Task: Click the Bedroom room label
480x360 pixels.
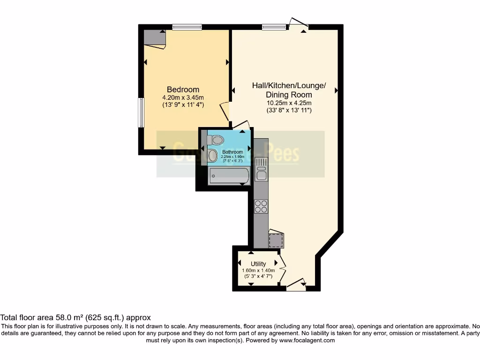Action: coord(183,90)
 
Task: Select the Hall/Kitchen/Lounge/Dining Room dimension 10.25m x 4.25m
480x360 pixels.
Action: coord(289,103)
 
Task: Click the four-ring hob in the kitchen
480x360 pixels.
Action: coord(261,206)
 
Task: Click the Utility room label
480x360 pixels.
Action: coord(258,264)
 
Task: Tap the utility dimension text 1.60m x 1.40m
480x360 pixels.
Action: coord(258,270)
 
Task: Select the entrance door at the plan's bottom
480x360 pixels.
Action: coord(297,285)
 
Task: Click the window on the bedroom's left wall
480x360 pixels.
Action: coord(140,112)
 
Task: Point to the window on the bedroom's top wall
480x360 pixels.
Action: coord(187,27)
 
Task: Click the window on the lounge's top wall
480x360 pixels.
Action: coord(274,27)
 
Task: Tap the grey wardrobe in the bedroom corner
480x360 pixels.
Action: coord(154,37)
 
